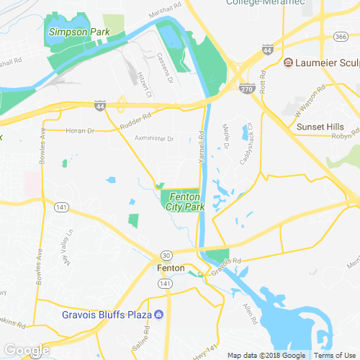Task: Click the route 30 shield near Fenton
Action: coord(166,255)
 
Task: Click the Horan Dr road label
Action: coord(80,130)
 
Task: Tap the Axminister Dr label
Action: coord(154,138)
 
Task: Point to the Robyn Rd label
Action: coord(346,135)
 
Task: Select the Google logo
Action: coord(26,351)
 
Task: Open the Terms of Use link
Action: coord(333,356)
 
